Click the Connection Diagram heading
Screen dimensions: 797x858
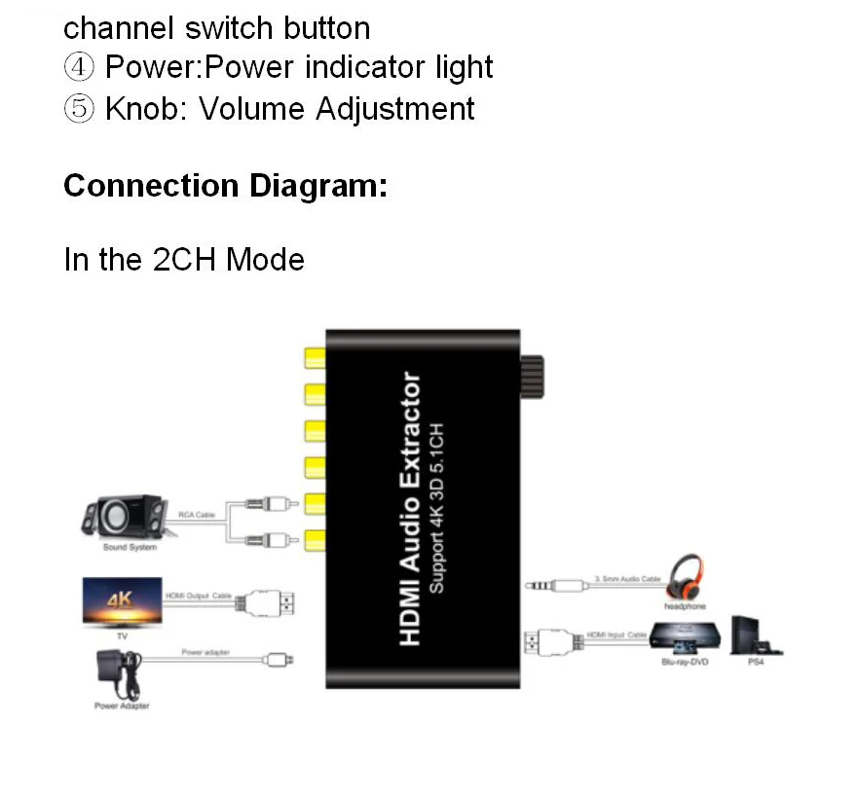225,185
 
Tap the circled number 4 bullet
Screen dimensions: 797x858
79,67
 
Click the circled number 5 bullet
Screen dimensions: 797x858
79,108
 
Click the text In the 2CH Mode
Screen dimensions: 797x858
184,260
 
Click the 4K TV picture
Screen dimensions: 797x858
122,601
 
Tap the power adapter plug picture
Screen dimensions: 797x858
115,671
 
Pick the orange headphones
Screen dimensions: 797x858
685,575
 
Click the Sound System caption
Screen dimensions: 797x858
130,548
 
